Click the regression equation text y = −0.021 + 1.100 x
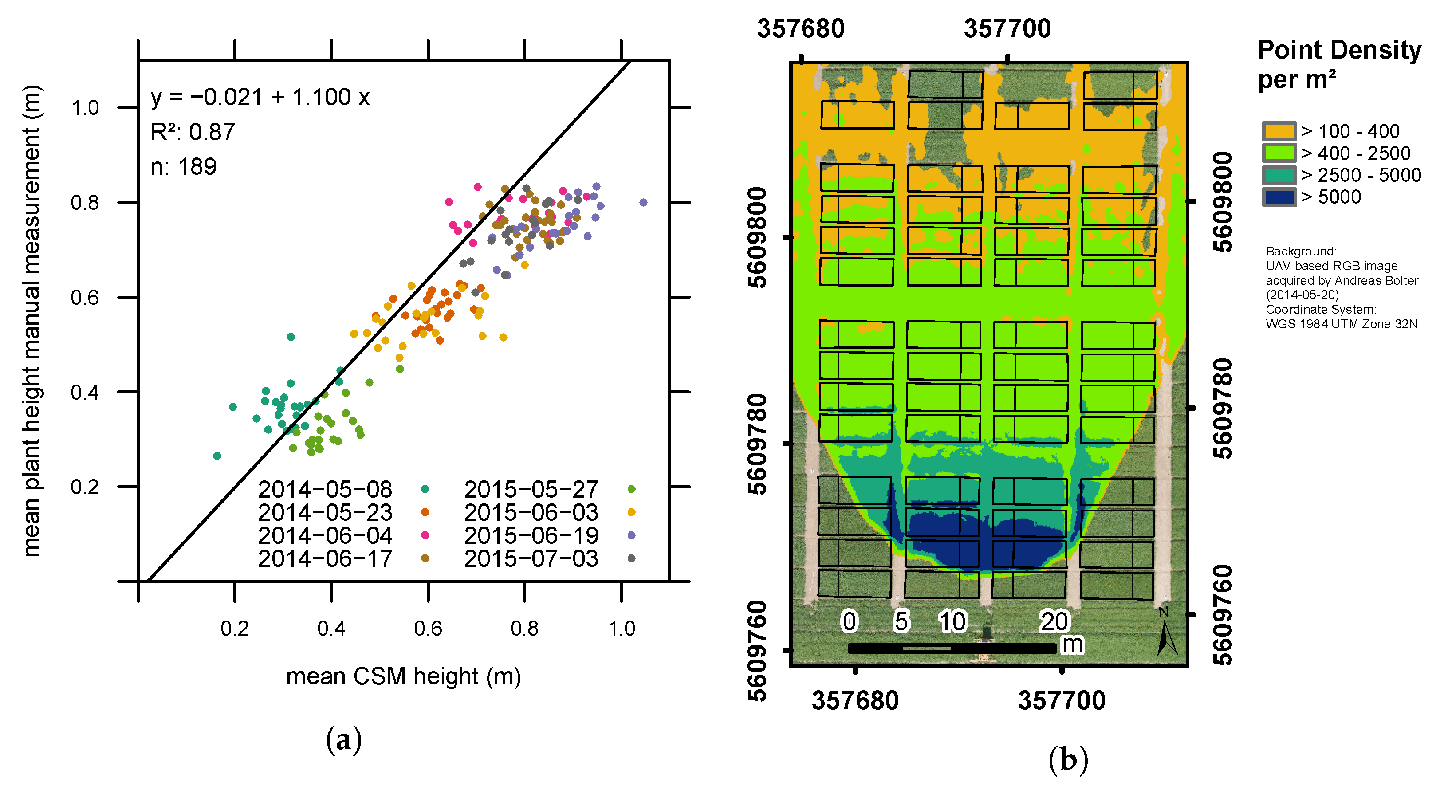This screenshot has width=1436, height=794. point(260,98)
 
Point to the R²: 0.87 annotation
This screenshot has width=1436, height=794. point(193,133)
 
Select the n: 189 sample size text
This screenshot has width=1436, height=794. point(183,167)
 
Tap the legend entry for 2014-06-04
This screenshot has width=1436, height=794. point(325,535)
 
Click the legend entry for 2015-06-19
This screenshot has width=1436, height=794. point(531,535)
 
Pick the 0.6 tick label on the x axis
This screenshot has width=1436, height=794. point(428,629)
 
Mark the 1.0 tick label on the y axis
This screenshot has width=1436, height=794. point(85,108)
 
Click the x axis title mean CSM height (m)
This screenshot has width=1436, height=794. point(403,676)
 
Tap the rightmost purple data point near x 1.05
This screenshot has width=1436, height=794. point(643,202)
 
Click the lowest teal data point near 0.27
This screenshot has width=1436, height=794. point(217,456)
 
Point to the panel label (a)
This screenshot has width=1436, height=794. point(343,740)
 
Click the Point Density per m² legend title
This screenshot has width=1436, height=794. point(1339,64)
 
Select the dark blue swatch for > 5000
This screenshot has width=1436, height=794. point(1279,197)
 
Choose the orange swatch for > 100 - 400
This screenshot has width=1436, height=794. point(1279,131)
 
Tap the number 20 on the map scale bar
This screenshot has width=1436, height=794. point(1054,622)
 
